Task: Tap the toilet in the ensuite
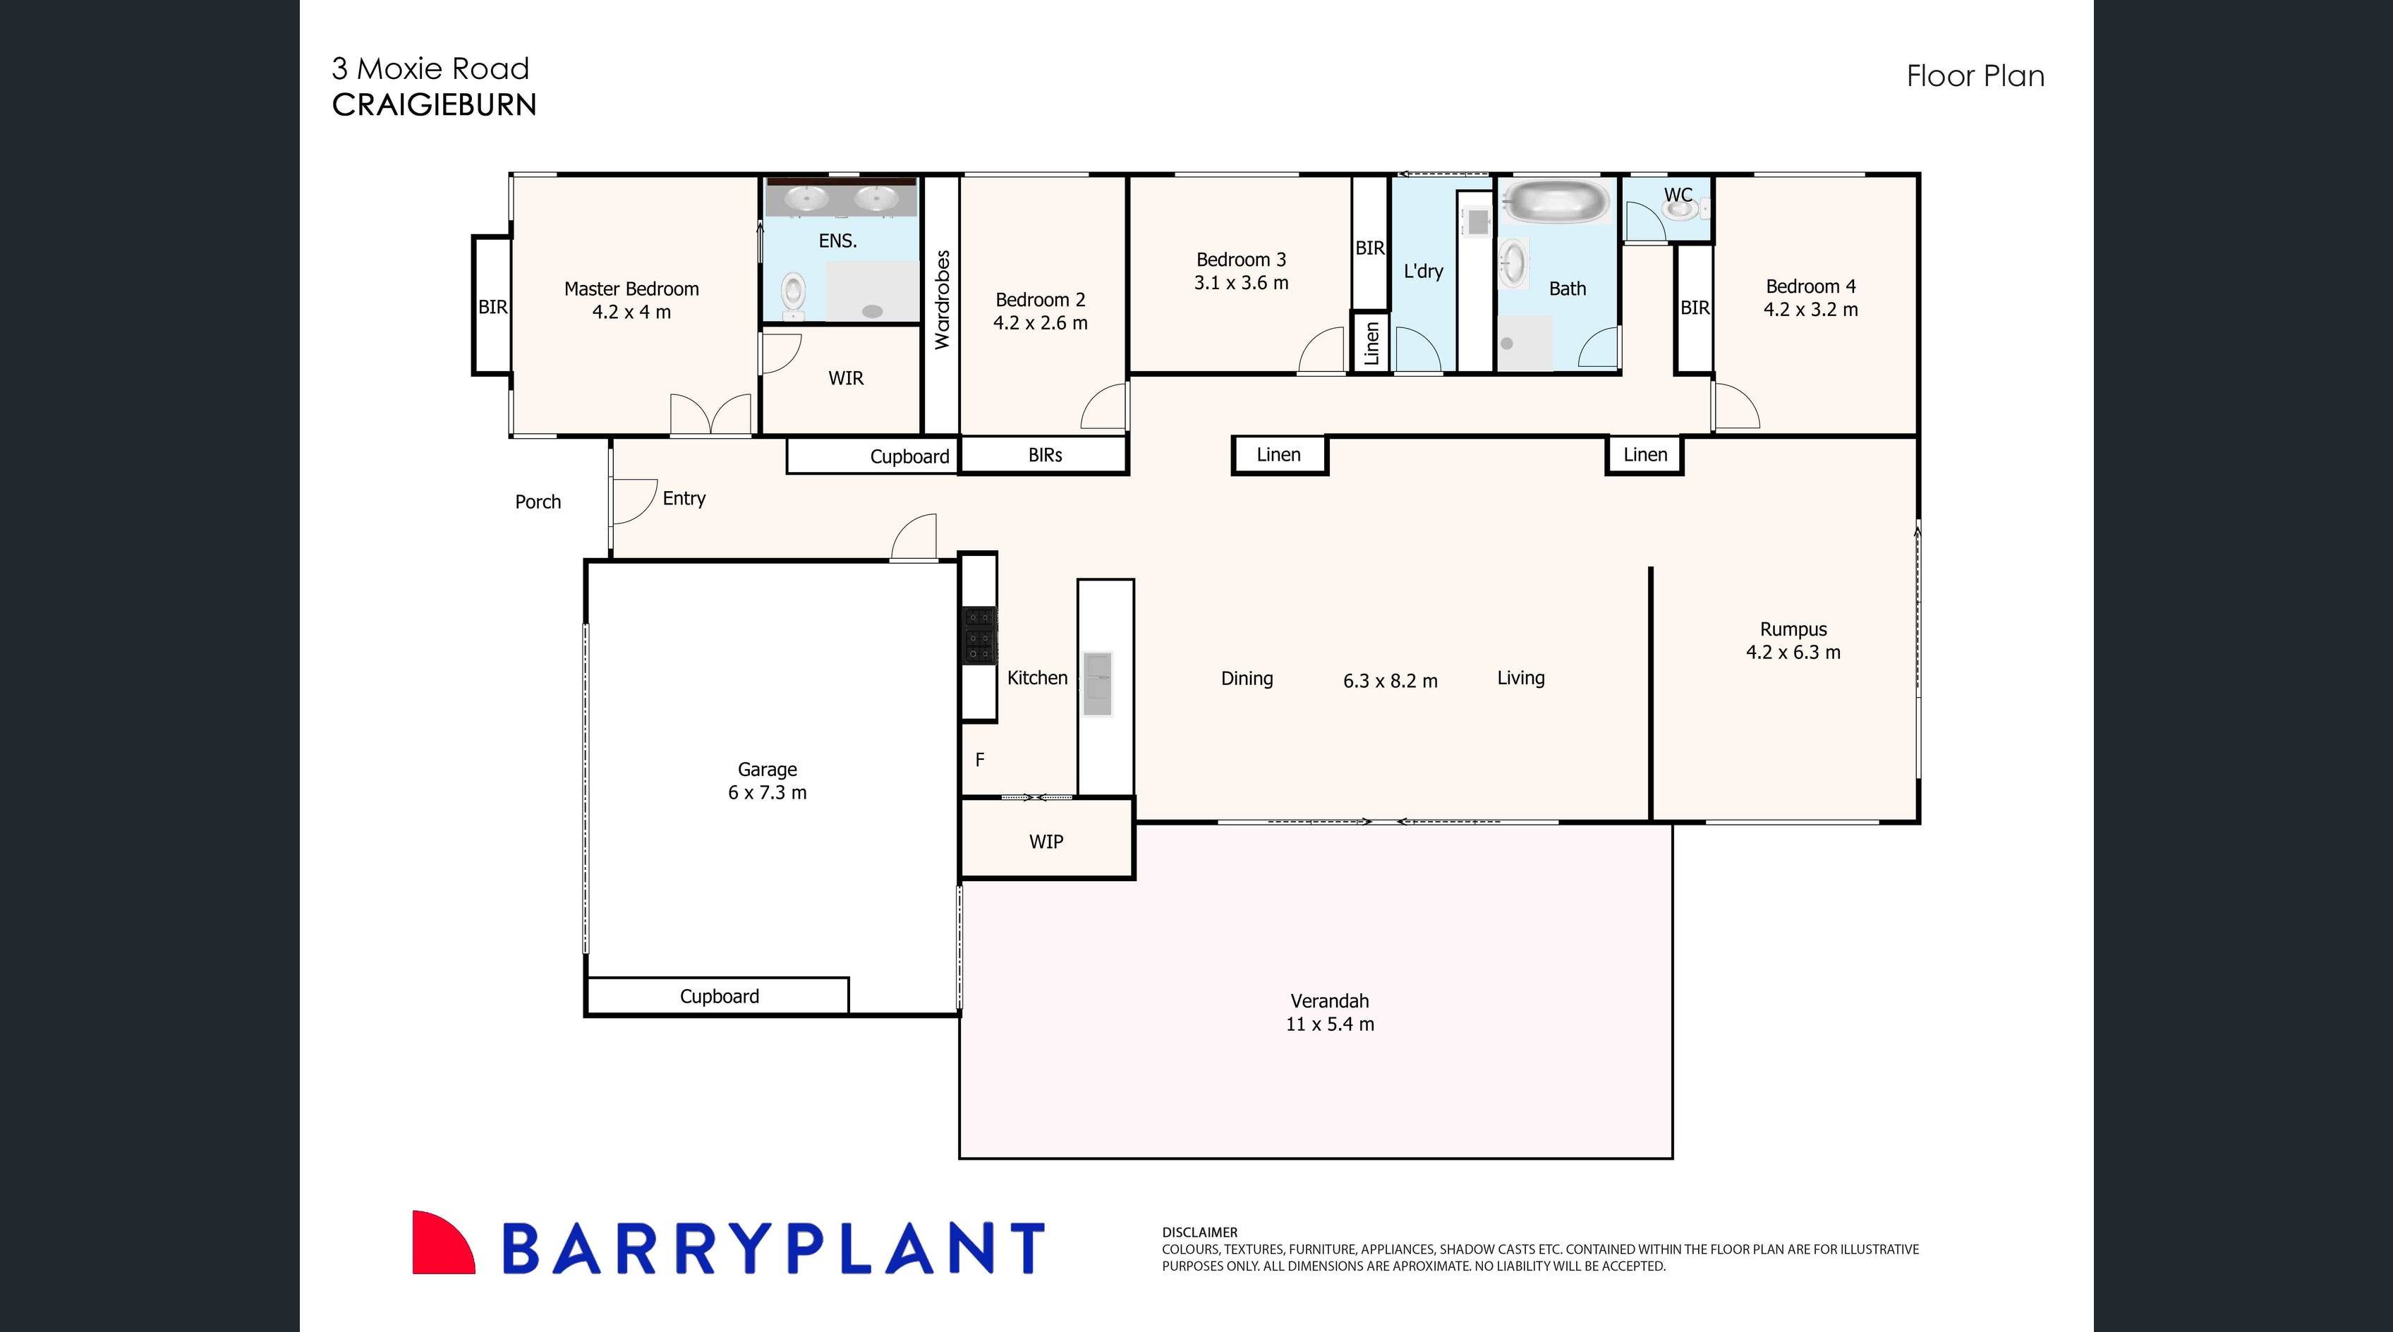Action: pyautogui.click(x=792, y=294)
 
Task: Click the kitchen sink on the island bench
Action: pyautogui.click(x=1097, y=684)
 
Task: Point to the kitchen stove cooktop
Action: pyautogui.click(x=979, y=636)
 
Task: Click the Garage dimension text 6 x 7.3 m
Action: pyautogui.click(x=768, y=793)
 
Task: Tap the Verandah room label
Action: pyautogui.click(x=1329, y=1001)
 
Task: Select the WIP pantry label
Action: pyautogui.click(x=1046, y=842)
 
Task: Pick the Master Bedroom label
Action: pyautogui.click(x=631, y=289)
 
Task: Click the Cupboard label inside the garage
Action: pyautogui.click(x=719, y=997)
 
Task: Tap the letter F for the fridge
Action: pyautogui.click(x=979, y=760)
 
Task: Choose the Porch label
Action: pyautogui.click(x=538, y=502)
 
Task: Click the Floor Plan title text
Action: pyautogui.click(x=1975, y=76)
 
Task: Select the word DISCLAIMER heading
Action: pyautogui.click(x=1199, y=1233)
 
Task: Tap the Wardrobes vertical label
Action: pyautogui.click(x=942, y=299)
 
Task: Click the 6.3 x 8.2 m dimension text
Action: pyautogui.click(x=1390, y=681)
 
